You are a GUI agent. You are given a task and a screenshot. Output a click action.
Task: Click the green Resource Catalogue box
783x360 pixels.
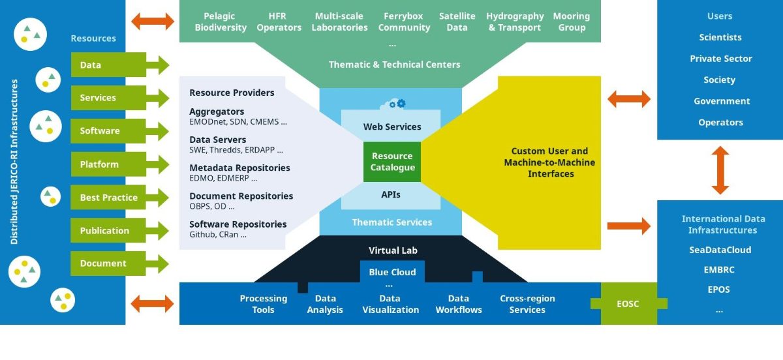(392, 162)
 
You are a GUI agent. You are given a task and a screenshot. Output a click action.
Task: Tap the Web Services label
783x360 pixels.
(392, 127)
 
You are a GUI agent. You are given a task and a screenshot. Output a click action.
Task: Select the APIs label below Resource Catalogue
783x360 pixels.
(390, 194)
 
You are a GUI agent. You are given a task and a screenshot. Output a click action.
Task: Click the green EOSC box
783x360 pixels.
(628, 304)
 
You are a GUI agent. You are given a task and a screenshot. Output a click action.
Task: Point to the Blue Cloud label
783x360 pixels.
(392, 272)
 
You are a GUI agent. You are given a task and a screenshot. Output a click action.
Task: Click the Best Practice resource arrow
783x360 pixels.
(119, 198)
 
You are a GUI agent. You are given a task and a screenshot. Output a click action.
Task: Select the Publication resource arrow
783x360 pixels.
(119, 230)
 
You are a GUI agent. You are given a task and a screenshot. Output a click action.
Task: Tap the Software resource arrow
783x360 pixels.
(119, 130)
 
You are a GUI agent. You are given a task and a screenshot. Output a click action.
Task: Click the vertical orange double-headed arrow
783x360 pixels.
(720, 170)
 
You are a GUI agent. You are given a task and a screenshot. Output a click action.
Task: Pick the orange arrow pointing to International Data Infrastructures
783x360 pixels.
(629, 226)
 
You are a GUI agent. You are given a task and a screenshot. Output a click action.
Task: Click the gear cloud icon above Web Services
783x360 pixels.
(393, 104)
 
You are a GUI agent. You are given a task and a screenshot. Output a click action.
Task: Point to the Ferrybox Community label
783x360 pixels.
(404, 22)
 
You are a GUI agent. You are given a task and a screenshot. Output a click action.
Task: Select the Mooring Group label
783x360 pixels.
(572, 22)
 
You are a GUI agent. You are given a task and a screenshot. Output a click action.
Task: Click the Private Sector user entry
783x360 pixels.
(721, 58)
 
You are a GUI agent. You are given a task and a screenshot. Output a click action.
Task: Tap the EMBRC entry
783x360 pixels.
(719, 269)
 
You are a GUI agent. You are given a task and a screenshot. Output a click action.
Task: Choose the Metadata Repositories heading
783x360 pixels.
(239, 168)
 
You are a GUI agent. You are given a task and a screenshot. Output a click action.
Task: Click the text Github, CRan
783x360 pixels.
(218, 235)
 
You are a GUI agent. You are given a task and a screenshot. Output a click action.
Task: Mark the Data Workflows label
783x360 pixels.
(459, 304)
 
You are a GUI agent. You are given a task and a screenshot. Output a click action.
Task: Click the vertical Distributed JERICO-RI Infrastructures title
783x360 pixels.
(14, 162)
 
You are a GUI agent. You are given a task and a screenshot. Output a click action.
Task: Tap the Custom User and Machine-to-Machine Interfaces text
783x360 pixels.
(549, 162)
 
